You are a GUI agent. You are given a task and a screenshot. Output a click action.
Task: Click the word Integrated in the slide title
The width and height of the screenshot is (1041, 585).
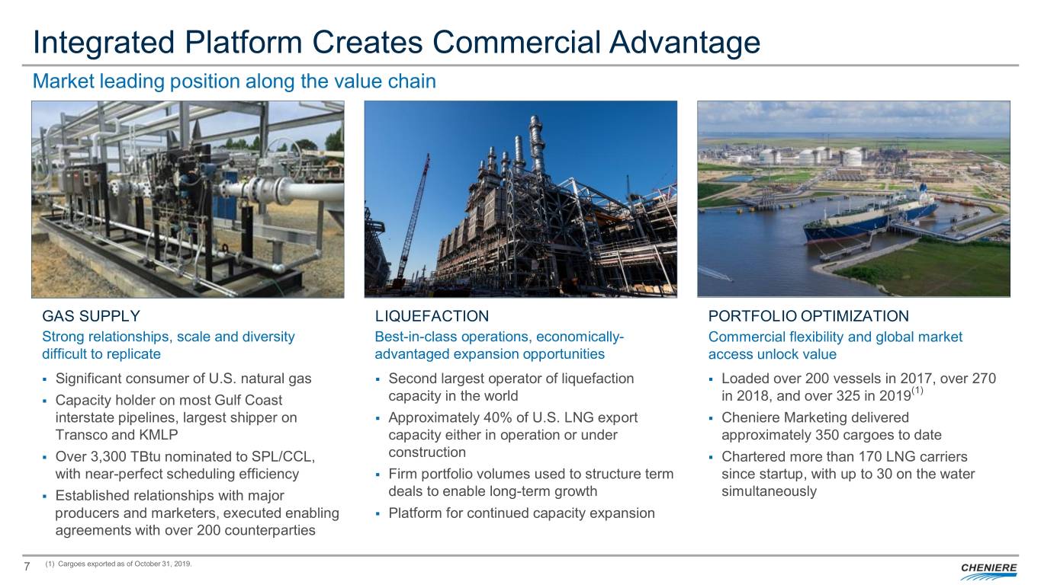click(x=103, y=43)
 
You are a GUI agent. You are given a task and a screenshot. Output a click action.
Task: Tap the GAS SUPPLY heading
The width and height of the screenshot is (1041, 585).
click(x=91, y=316)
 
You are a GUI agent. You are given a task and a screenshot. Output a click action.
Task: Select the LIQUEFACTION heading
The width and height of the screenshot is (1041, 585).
click(x=432, y=316)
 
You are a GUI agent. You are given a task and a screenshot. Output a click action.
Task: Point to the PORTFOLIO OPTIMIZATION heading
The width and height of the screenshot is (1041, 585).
click(x=808, y=316)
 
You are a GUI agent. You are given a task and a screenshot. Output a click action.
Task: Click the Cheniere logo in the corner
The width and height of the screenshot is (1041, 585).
click(x=988, y=571)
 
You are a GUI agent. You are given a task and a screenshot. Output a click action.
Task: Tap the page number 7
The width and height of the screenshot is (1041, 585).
click(x=27, y=566)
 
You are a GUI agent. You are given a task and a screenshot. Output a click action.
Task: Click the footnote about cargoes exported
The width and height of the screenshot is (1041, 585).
click(x=118, y=564)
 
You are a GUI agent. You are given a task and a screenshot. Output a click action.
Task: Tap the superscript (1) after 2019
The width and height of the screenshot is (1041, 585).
click(x=917, y=391)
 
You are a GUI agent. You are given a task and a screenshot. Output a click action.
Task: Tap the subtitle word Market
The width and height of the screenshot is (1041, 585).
click(x=63, y=82)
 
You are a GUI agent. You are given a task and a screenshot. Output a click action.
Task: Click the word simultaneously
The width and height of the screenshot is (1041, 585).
click(x=770, y=491)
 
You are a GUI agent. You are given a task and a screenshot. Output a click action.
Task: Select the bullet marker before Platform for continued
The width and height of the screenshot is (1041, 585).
click(x=378, y=514)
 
